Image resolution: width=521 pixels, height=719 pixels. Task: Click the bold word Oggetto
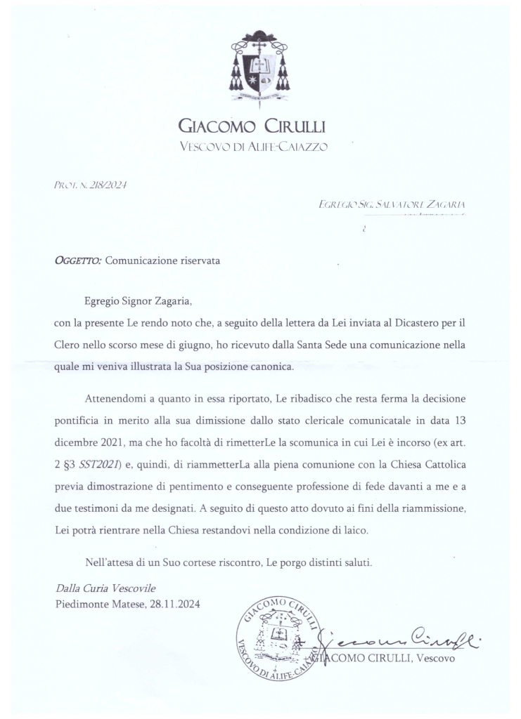click(x=77, y=260)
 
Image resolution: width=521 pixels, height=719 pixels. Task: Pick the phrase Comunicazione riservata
click(x=162, y=260)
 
